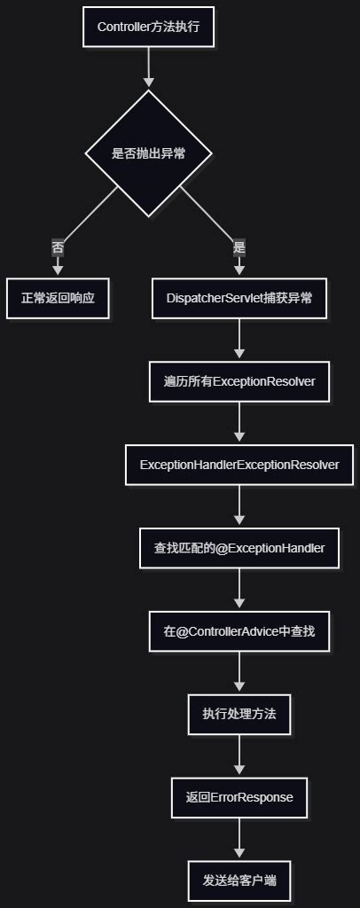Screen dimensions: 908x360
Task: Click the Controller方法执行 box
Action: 148,27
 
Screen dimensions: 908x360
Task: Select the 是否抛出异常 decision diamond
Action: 148,153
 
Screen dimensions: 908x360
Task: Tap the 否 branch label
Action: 58,247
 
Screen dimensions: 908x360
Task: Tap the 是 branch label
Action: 239,247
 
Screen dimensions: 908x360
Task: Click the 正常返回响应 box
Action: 58,299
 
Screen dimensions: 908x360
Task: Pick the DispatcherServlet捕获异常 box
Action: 239,299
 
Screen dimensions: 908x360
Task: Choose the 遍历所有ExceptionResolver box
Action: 239,382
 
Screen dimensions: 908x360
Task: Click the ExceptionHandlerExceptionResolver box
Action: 239,465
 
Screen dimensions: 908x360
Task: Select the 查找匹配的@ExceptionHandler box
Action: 239,548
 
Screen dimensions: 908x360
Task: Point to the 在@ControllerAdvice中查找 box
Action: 239,631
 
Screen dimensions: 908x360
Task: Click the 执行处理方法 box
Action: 239,714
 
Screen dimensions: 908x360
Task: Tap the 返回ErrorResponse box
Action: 239,797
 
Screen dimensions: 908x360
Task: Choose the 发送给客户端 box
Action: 239,881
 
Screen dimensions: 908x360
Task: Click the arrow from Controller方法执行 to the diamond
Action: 148,67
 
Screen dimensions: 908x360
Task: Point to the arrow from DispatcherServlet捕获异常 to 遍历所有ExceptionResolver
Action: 239,340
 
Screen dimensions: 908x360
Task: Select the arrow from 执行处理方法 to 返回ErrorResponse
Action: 239,755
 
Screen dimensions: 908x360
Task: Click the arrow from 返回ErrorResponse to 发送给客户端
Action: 239,838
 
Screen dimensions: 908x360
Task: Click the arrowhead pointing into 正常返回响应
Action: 58,269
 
